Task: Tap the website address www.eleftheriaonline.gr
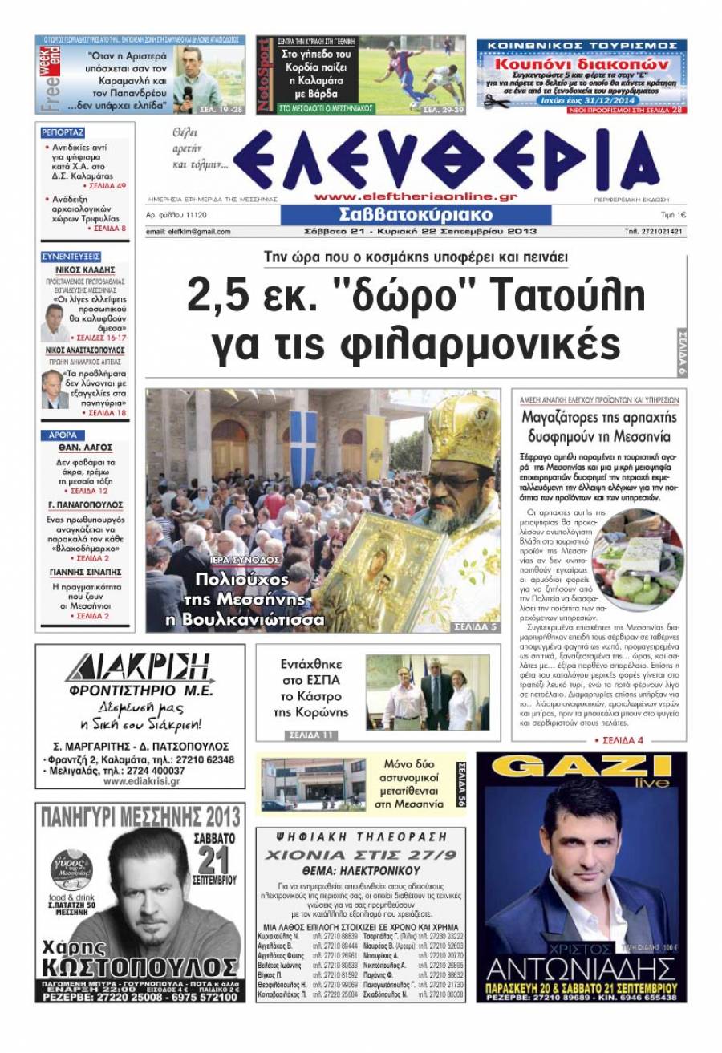point(416,196)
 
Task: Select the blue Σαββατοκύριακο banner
point(416,216)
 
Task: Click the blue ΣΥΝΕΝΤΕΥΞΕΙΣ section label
point(70,257)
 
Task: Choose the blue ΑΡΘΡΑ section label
point(61,435)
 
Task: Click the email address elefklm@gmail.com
point(189,232)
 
